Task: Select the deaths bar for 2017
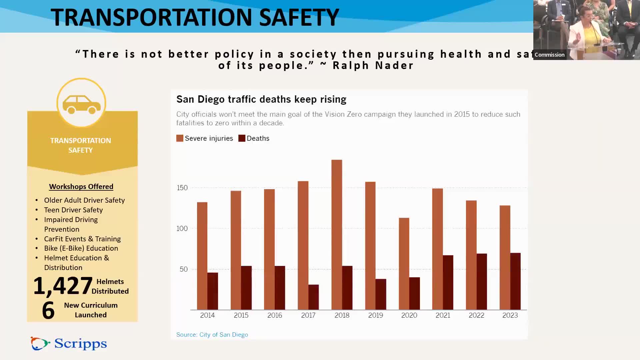click(x=314, y=297)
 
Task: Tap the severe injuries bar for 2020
click(x=404, y=264)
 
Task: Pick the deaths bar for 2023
click(x=515, y=281)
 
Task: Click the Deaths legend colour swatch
click(x=242, y=138)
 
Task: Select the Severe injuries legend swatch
click(x=180, y=138)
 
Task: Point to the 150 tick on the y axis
click(x=182, y=188)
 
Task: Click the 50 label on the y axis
click(x=184, y=269)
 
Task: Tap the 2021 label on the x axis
click(x=443, y=315)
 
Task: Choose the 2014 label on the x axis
click(x=207, y=315)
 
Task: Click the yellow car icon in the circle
click(x=81, y=104)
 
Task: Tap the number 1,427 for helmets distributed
click(x=63, y=286)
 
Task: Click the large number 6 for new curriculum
click(x=48, y=310)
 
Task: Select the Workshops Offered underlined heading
click(x=81, y=187)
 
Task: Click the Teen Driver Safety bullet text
click(x=73, y=210)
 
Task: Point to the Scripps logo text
click(x=80, y=344)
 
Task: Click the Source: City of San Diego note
click(x=212, y=335)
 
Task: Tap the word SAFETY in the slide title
click(x=299, y=17)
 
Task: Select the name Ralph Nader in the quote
click(x=373, y=66)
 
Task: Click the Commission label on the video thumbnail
click(x=550, y=55)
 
